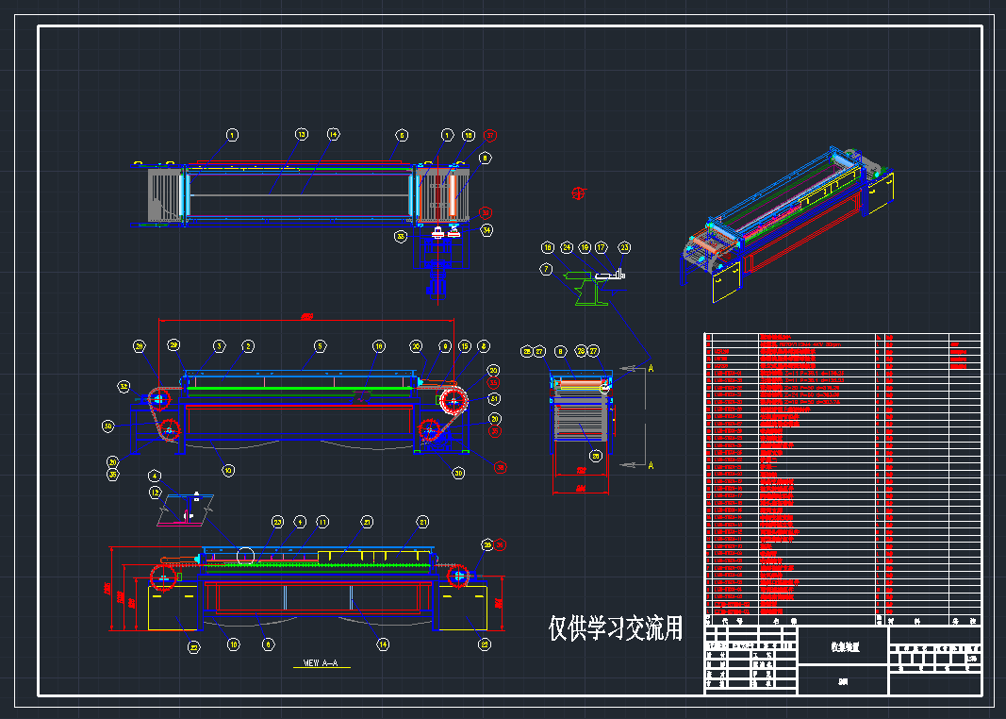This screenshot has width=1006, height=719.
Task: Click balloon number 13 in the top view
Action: coord(301,135)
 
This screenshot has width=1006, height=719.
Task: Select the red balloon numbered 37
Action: coord(489,135)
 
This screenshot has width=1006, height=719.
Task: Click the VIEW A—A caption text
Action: coord(320,663)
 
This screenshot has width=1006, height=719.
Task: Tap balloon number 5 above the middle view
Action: coord(320,346)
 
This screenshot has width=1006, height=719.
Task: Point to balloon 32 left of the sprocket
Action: coord(124,386)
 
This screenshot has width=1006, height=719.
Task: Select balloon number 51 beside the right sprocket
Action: coord(494,399)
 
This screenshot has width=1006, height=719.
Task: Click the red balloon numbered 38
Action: coord(501,466)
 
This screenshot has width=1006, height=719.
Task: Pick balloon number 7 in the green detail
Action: coord(546,269)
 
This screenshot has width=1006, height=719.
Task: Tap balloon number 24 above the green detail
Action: coord(567,247)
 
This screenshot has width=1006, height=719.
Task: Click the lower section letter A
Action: coord(651,465)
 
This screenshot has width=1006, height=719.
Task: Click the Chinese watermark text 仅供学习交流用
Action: coord(615,628)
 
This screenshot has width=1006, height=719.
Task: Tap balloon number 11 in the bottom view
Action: coord(322,521)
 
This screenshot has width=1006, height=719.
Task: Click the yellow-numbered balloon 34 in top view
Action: coord(487,229)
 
